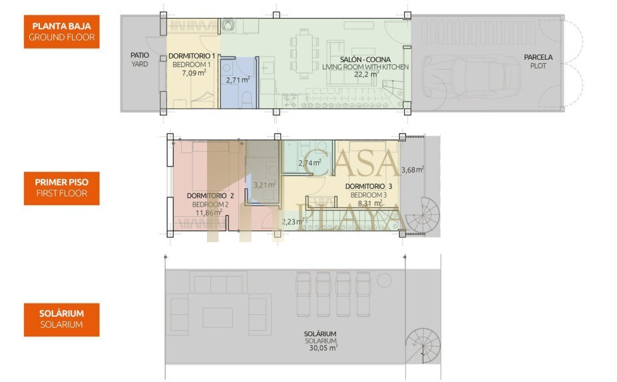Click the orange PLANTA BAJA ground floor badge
(61, 32)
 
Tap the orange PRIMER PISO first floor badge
(61, 188)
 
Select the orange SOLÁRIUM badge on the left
(61, 319)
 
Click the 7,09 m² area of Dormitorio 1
(194, 73)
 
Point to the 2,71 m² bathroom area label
(238, 80)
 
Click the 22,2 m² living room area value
(366, 74)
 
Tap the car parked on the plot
(471, 77)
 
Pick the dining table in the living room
(304, 53)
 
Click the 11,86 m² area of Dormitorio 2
(209, 213)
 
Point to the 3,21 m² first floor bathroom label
(264, 185)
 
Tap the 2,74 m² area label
(309, 163)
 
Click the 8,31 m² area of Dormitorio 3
(370, 204)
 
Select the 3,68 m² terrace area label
(413, 170)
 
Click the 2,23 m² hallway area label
(293, 222)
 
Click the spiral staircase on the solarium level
(423, 346)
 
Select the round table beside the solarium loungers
(384, 280)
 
